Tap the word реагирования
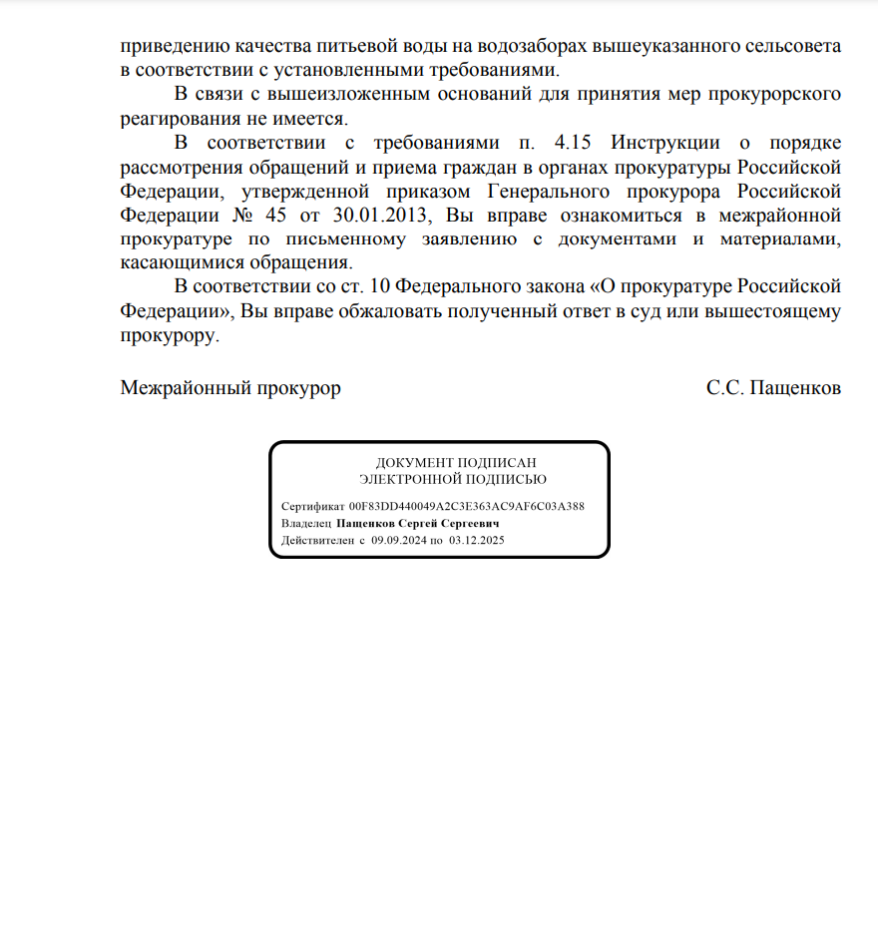coord(178,118)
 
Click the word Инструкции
coord(664,142)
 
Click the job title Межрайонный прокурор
coord(230,388)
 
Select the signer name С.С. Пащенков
coord(773,388)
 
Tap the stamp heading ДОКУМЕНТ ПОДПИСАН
coord(439,463)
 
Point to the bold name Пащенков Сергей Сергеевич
coord(417,523)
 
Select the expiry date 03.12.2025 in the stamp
coord(477,540)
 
